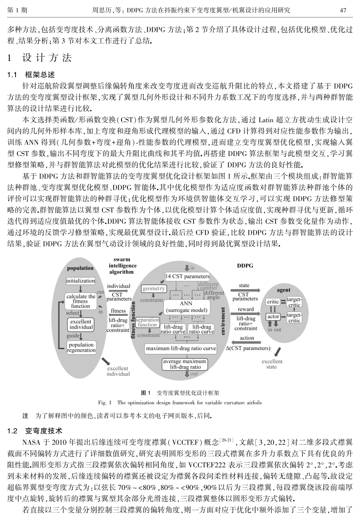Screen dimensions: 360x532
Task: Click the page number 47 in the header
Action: (x=343, y=10)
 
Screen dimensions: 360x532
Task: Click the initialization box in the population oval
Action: (x=81, y=281)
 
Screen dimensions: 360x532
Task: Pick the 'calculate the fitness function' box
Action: (x=81, y=301)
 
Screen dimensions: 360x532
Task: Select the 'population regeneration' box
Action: (x=81, y=347)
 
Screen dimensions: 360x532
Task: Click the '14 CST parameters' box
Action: (x=187, y=276)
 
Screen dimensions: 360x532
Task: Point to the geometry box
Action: (x=153, y=289)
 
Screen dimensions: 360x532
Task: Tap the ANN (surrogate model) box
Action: (x=186, y=307)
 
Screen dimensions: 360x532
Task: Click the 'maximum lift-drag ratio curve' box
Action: (x=181, y=348)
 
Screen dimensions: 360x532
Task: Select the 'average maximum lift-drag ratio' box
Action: (x=185, y=364)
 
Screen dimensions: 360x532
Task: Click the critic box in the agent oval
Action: (x=273, y=302)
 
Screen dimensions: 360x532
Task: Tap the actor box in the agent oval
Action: (x=273, y=317)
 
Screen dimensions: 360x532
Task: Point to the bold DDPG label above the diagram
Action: (x=245, y=266)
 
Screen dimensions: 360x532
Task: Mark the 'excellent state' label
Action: (x=272, y=364)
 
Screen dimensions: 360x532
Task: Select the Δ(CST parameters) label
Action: (x=248, y=348)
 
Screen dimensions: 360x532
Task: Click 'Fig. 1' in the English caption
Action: (x=105, y=403)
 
